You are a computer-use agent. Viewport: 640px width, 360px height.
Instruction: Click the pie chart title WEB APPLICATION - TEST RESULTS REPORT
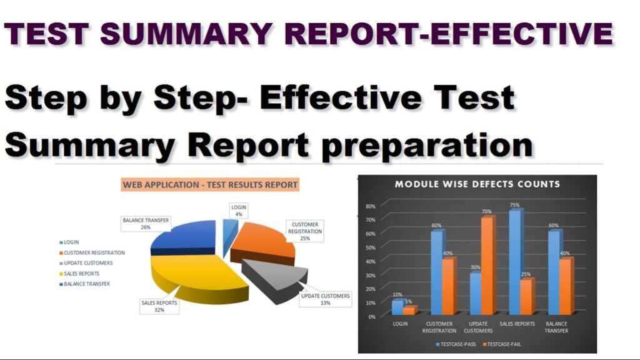coord(210,185)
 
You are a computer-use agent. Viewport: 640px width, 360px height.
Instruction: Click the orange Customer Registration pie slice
coord(262,241)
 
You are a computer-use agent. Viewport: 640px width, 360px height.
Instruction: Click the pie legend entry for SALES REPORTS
coord(81,273)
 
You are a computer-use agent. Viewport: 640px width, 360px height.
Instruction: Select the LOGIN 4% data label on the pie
coord(239,211)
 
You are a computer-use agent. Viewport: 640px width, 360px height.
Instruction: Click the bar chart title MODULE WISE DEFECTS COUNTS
coord(477,184)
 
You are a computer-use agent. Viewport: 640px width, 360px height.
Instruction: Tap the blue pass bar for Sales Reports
coord(514,262)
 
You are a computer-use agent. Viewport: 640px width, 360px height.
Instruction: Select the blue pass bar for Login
coord(397,307)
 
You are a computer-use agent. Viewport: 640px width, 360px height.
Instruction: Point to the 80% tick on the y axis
coord(370,206)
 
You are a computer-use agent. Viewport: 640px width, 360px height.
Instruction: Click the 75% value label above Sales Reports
coord(514,204)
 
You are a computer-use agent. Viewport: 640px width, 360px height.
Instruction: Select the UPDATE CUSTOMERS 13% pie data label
coord(325,299)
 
